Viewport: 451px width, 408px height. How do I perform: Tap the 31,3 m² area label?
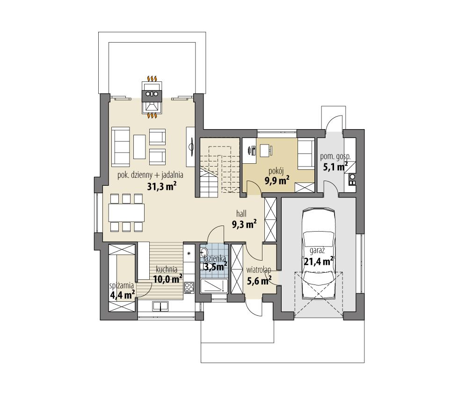coord(162,187)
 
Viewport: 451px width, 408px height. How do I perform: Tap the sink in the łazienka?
coord(205,253)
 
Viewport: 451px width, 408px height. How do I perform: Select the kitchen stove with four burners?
coord(189,287)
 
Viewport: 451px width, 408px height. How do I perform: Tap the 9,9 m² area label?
coord(276,181)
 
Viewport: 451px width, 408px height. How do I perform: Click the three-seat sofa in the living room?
coord(121,146)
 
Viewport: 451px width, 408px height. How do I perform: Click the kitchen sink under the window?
coord(161,307)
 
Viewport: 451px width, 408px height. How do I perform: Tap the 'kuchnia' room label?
coord(166,269)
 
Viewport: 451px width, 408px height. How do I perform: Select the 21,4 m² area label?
coord(318,261)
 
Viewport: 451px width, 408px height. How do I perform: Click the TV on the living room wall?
coord(191,146)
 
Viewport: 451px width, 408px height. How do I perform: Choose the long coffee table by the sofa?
coord(140,146)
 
